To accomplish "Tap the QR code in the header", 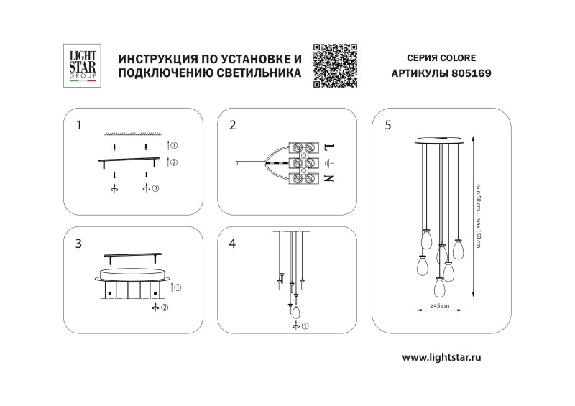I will pos(336,65).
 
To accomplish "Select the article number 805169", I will pos(471,73).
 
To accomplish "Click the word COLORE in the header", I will pos(454,57).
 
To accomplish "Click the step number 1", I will pos(78,125).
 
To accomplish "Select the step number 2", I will pos(232,125).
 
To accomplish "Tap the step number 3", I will pos(78,244).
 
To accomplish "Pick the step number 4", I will pos(232,244).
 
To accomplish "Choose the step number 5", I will pos(388,125).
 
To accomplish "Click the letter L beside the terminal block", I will pos(328,147).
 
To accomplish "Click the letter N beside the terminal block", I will pos(328,179).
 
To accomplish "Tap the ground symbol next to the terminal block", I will pos(328,163).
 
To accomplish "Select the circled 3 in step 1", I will pos(156,188).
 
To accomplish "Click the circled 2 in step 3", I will pos(164,307).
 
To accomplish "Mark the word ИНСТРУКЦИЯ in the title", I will pos(154,57).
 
